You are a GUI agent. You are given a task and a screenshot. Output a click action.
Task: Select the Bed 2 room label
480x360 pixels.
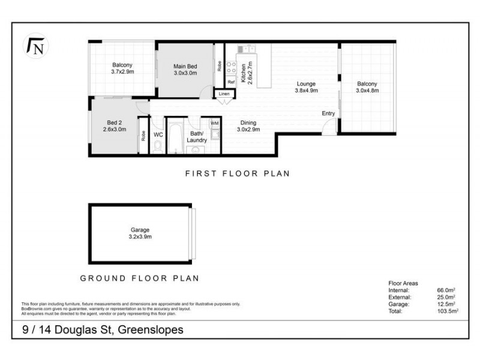(114, 125)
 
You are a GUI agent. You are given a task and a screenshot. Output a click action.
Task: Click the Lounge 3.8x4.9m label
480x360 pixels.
(306, 87)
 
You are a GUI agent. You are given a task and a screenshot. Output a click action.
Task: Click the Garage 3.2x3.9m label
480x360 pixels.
(140, 233)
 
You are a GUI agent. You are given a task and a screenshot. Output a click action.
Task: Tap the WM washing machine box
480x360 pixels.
(214, 124)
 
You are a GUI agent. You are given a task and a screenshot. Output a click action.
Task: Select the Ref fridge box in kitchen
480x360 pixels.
(230, 82)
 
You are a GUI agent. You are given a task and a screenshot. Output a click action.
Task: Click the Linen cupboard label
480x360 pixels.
(224, 94)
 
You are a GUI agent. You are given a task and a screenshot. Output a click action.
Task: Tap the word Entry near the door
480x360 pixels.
(328, 113)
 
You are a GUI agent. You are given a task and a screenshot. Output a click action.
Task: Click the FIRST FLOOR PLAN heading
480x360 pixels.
(237, 174)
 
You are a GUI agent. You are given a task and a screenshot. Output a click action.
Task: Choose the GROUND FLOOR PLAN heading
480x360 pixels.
(140, 278)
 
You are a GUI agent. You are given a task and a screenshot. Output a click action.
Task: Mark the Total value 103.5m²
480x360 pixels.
(447, 311)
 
